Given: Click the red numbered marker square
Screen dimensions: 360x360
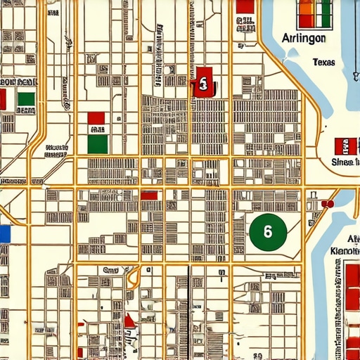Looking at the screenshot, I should click(x=202, y=84).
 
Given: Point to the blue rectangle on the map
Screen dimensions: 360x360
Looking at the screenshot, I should click(x=5, y=233).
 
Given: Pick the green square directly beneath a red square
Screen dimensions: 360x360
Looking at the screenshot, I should click(x=97, y=144).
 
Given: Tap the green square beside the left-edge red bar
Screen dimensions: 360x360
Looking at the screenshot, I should click(x=26, y=99).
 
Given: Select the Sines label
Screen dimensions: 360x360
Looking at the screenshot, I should click(x=344, y=163).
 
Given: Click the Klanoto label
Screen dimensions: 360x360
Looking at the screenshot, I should click(x=345, y=251).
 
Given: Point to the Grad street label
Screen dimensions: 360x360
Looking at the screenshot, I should click(x=111, y=269).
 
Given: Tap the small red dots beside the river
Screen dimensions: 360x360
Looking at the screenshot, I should click(x=326, y=204).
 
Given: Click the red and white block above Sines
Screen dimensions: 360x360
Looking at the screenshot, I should click(x=346, y=146).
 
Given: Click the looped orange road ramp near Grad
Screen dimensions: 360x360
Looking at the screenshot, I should click(x=131, y=279).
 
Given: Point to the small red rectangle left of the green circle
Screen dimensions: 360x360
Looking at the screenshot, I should click(x=149, y=195).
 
